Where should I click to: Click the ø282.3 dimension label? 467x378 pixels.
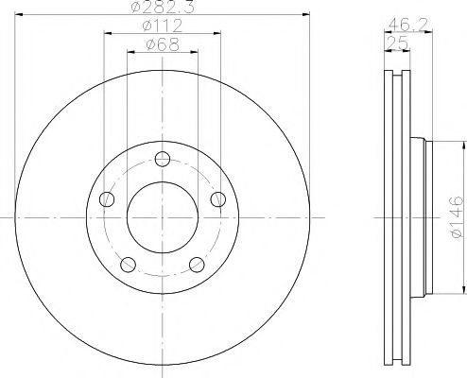pos(163,7)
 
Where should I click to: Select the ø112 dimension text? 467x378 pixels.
pos(163,26)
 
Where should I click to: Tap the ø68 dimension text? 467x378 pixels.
pos(163,44)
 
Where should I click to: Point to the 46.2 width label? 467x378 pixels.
pos(407,25)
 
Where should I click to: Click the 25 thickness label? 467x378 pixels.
pos(397,43)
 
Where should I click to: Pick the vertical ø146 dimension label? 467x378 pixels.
pos(457,217)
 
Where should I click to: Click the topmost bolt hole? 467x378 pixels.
pos(163,159)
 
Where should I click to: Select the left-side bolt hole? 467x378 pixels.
pos(107,199)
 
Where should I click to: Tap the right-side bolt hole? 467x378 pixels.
pos(218,199)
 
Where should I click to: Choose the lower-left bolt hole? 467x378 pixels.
pos(129,265)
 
